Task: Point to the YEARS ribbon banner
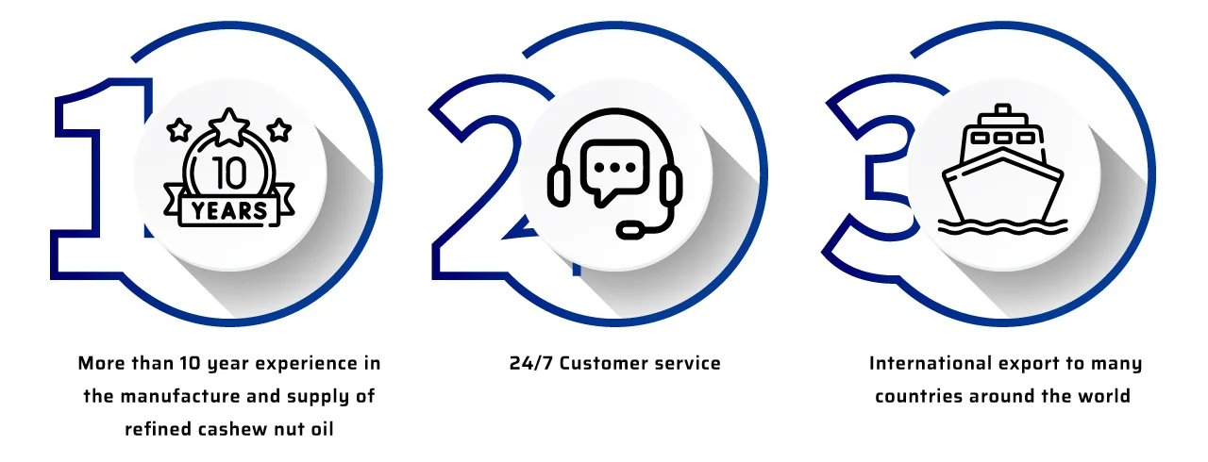(229, 209)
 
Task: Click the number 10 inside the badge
(229, 172)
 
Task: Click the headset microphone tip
(624, 229)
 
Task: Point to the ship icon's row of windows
(1001, 138)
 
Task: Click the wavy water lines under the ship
(1002, 226)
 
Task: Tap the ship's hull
(1002, 189)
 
